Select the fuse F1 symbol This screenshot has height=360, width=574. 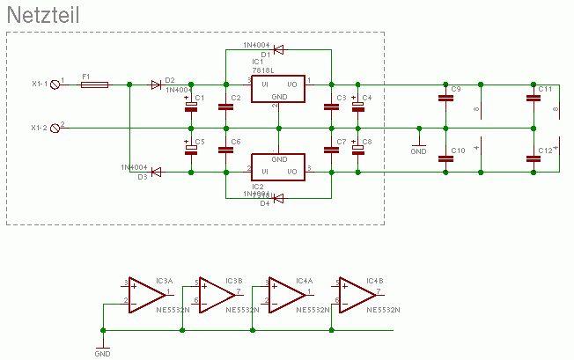94,84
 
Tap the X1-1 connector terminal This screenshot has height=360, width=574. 57,84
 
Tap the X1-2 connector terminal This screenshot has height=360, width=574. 57,128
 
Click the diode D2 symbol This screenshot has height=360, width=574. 156,84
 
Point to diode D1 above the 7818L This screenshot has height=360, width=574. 278,49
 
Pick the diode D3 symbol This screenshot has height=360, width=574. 156,173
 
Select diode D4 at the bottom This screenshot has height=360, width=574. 278,198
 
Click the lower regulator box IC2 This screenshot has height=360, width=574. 278,165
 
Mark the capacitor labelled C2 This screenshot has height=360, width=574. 225,107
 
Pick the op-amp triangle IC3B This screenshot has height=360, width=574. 214,293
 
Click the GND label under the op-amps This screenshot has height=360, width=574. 102,354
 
